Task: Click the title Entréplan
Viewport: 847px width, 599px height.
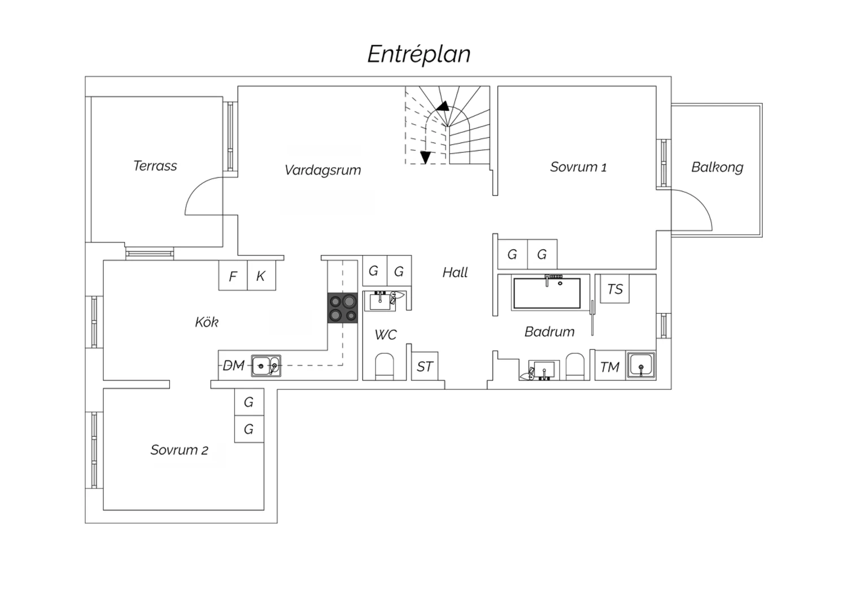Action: pyautogui.click(x=419, y=54)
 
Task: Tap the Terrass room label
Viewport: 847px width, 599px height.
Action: pyautogui.click(x=155, y=166)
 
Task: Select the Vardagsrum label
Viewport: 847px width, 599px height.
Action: pyautogui.click(x=322, y=170)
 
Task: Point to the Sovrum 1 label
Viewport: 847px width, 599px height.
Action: pyautogui.click(x=578, y=167)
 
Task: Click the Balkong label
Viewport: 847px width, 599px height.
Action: pyautogui.click(x=717, y=167)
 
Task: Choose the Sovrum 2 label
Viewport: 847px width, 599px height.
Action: pyautogui.click(x=179, y=450)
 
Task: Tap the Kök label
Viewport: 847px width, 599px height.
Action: pyautogui.click(x=207, y=322)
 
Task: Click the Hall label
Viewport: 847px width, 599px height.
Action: pyautogui.click(x=455, y=272)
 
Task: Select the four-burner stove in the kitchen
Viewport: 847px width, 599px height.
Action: pyautogui.click(x=343, y=309)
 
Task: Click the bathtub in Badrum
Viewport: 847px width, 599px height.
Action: pyautogui.click(x=547, y=293)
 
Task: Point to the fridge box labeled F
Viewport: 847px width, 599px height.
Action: pyautogui.click(x=233, y=276)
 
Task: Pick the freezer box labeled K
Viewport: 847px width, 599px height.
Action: pyautogui.click(x=261, y=276)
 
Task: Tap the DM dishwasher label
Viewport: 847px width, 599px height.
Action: pyautogui.click(x=233, y=366)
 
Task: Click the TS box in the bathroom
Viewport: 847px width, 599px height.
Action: pyautogui.click(x=614, y=289)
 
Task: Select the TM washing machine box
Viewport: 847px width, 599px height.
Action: pyautogui.click(x=610, y=367)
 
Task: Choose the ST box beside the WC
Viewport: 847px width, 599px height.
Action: pyautogui.click(x=425, y=367)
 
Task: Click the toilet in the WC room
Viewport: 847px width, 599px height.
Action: pyautogui.click(x=385, y=366)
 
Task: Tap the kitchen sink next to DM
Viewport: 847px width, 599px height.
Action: pyautogui.click(x=265, y=366)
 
